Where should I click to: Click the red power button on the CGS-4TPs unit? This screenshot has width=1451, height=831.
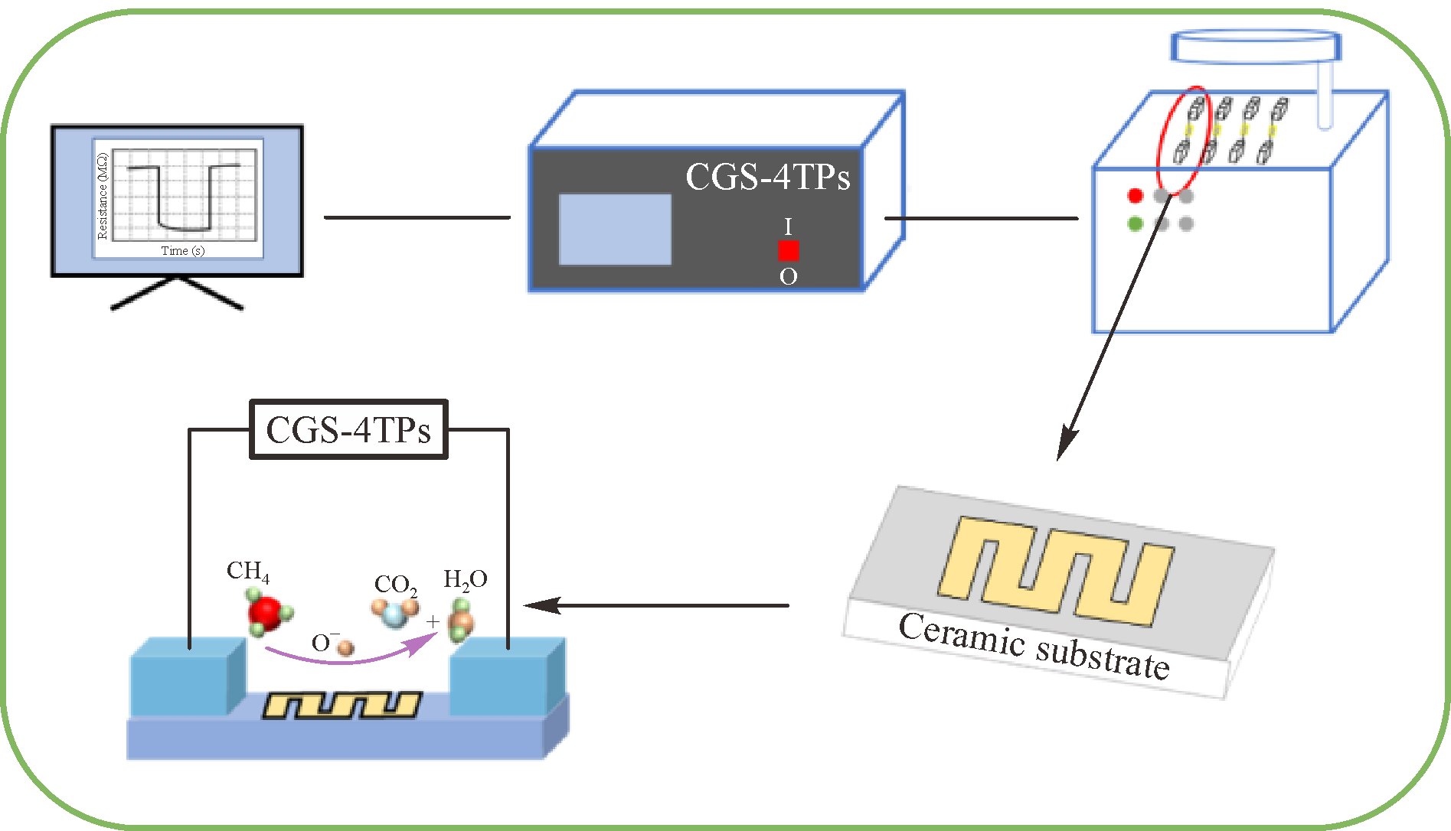point(788,250)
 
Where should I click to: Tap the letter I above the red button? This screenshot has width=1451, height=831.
point(788,226)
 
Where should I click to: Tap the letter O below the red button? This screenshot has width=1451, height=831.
point(788,276)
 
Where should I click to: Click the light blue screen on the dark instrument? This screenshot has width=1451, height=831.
point(615,230)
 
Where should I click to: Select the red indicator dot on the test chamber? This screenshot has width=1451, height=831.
point(1136,196)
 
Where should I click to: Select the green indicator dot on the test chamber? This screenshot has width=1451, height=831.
point(1136,223)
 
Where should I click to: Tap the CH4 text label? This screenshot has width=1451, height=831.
point(247,571)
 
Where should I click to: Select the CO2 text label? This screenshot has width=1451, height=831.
point(395,585)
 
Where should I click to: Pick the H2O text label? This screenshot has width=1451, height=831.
point(465,580)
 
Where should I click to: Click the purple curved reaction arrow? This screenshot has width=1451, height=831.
point(345,657)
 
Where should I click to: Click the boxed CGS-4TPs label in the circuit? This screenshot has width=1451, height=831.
point(348,430)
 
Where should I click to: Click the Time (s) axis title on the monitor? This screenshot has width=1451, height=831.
point(182,250)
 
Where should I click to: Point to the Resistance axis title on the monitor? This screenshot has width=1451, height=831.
point(103,196)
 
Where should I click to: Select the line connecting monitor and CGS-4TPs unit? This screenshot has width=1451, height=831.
point(417,217)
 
